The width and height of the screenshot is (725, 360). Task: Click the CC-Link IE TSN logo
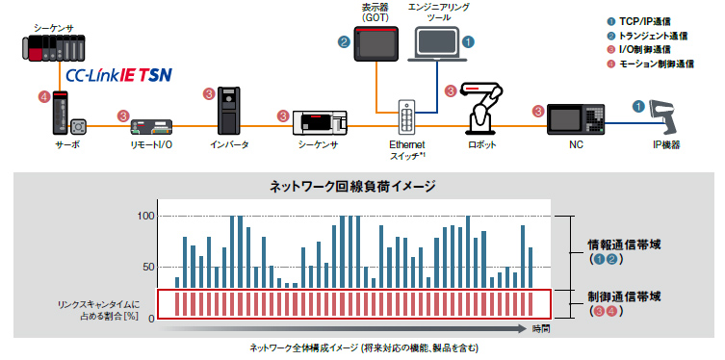coord(117,74)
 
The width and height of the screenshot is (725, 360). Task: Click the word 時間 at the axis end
coord(541,329)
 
